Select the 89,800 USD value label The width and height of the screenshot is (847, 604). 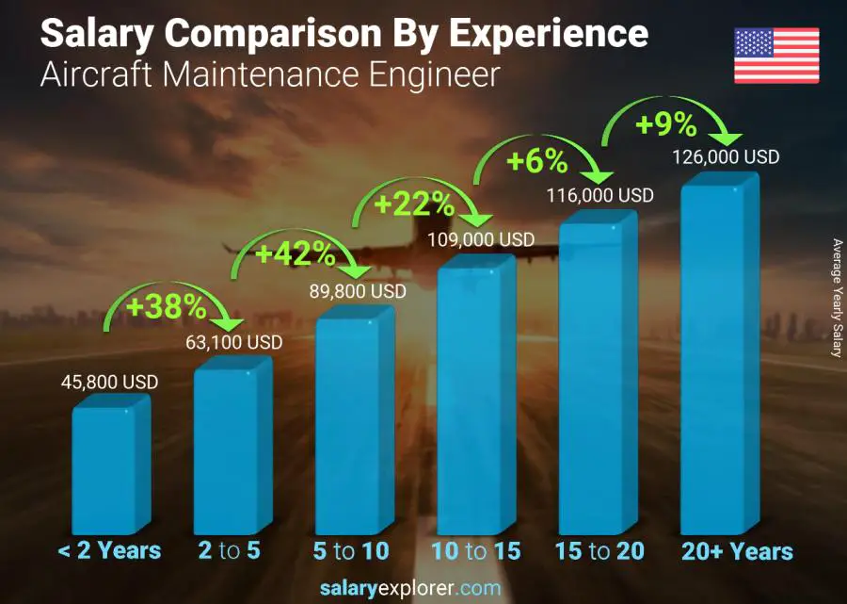point(358,292)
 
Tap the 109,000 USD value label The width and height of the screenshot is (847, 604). point(481,240)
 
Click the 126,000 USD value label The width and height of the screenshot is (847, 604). point(726,157)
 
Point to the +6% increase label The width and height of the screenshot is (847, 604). point(537,162)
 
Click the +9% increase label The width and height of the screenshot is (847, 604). point(667,123)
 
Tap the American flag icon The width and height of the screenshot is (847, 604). point(777,56)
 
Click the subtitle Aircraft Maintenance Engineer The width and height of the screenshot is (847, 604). point(269,75)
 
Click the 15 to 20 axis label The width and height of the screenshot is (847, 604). point(599,551)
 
